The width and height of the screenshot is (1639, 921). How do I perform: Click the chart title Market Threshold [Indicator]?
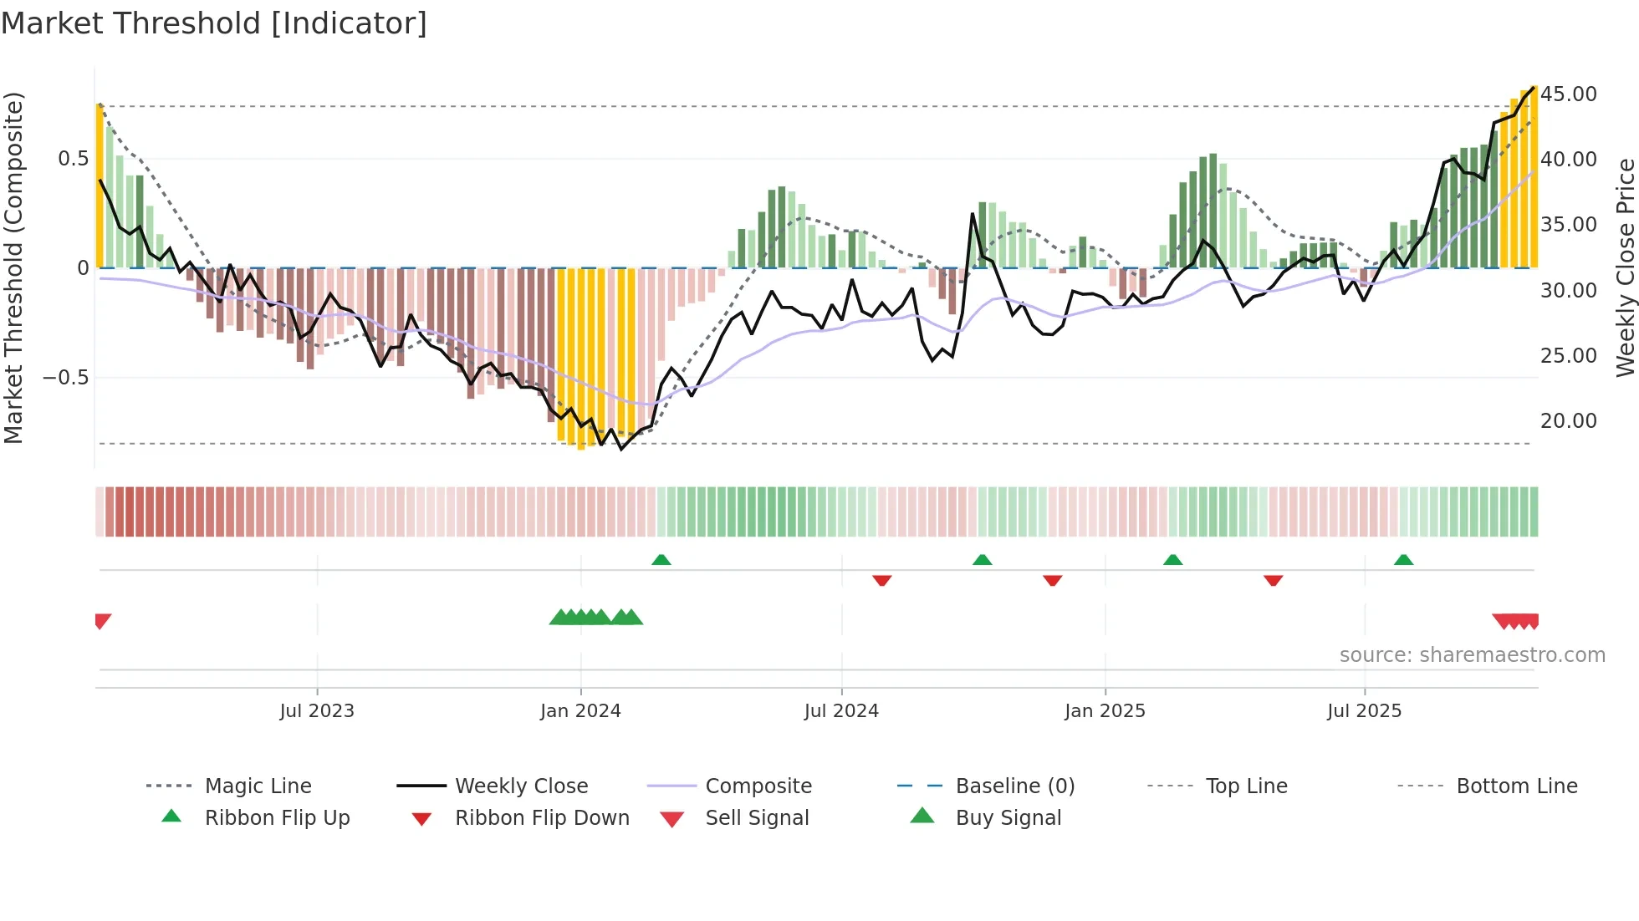[x=214, y=23]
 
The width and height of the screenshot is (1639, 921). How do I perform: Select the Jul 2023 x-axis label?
[x=317, y=711]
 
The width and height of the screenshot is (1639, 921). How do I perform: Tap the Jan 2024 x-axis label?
[x=580, y=711]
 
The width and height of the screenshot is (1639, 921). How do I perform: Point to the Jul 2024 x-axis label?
[x=841, y=711]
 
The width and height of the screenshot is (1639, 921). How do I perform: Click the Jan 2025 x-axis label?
[x=1105, y=711]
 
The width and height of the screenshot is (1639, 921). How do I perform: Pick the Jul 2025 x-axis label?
[x=1364, y=711]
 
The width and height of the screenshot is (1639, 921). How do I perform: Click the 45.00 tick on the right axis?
[x=1569, y=94]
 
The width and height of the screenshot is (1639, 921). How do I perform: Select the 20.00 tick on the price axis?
[x=1569, y=421]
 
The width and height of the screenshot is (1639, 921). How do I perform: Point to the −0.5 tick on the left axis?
[x=66, y=378]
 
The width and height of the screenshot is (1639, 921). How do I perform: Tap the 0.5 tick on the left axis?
[x=74, y=159]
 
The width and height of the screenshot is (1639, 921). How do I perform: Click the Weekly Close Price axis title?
[x=1625, y=267]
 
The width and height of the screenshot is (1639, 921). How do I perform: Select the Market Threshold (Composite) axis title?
[x=13, y=267]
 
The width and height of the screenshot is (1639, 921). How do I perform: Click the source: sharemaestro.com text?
[x=1472, y=655]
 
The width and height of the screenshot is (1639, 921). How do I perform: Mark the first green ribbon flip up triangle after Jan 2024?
[x=661, y=560]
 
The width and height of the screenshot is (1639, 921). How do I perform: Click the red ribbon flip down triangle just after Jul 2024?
[x=882, y=580]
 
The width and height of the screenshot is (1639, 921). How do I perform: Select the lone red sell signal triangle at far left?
[x=102, y=621]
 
